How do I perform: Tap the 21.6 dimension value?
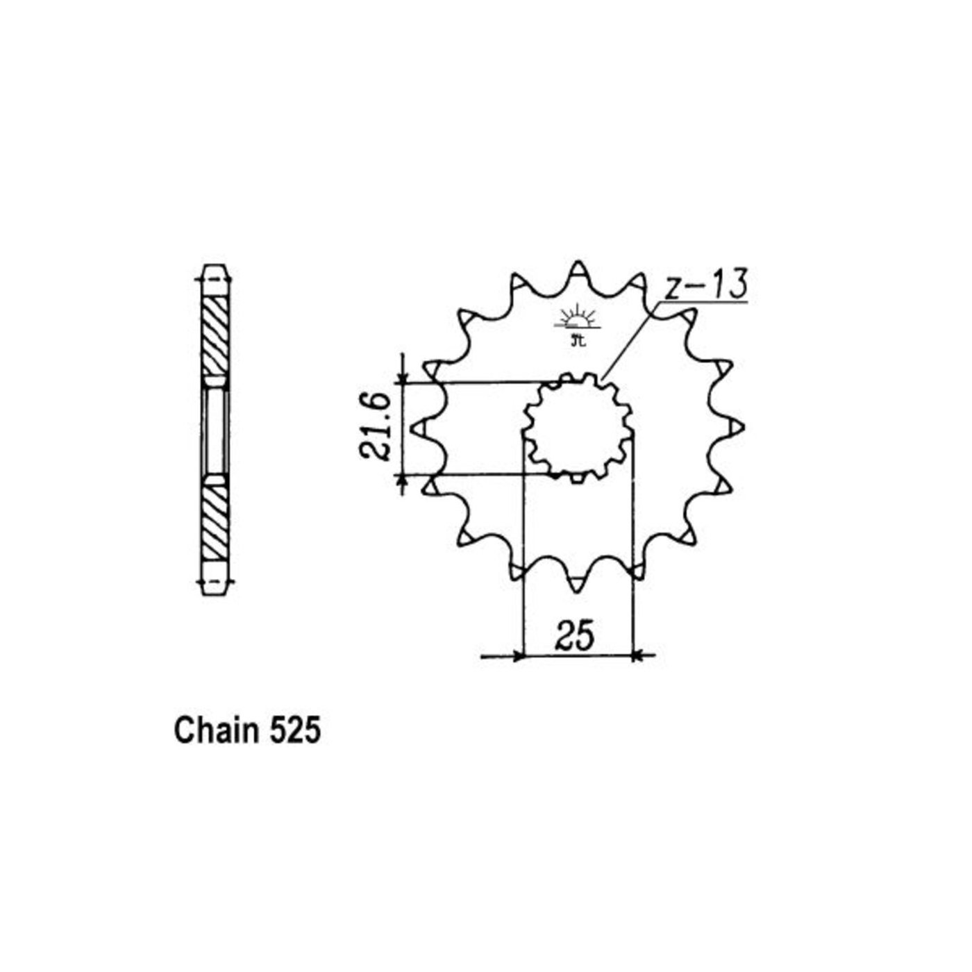click(376, 428)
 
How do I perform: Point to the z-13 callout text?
click(705, 286)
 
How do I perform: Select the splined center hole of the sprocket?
click(578, 428)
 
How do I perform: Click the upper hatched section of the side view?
click(215, 337)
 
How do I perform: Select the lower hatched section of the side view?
click(215, 521)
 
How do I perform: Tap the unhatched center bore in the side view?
click(215, 429)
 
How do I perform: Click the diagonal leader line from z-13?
click(628, 340)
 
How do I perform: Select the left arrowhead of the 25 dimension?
click(516, 655)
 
